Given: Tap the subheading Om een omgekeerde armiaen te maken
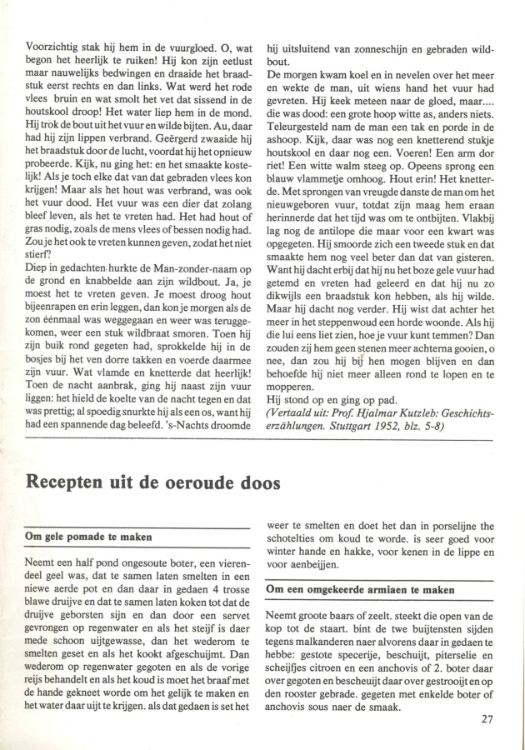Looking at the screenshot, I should [359, 589].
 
